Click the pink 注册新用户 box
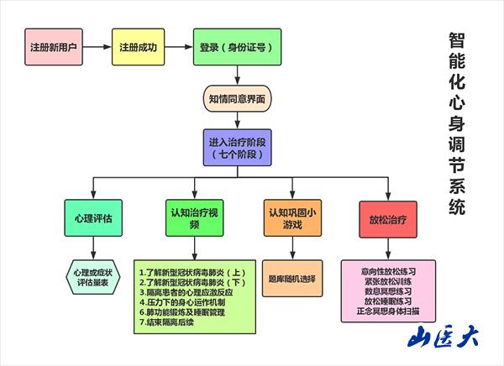[54, 46]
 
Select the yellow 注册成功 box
[139, 46]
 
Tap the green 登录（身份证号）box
[236, 46]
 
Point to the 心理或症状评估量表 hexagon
[92, 277]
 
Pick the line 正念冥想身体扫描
[387, 310]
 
